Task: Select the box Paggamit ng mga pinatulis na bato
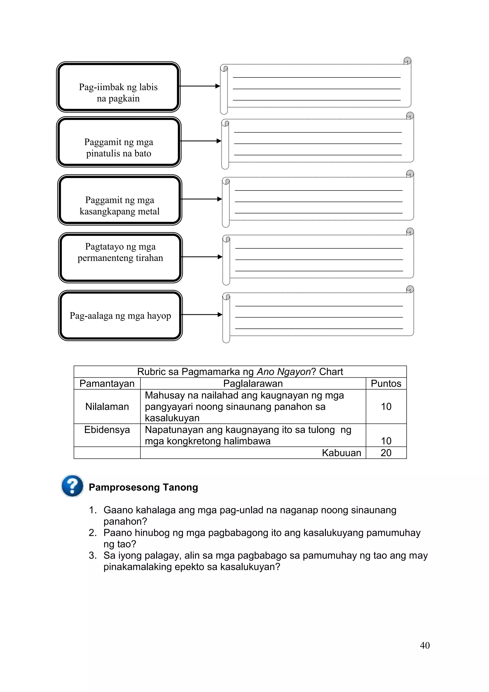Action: click(x=119, y=142)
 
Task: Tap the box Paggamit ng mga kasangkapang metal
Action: click(x=120, y=200)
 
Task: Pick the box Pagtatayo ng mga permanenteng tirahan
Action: click(x=120, y=258)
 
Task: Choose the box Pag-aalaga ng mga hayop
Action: click(x=120, y=316)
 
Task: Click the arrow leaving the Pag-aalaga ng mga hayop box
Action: click(x=202, y=315)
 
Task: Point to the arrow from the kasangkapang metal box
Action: click(x=201, y=199)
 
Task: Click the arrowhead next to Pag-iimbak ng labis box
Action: click(x=218, y=86)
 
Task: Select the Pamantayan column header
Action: click(x=107, y=383)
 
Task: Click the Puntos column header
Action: click(x=386, y=383)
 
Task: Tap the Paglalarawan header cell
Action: click(x=253, y=383)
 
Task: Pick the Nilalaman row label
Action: click(x=107, y=407)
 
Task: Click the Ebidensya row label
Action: click(x=107, y=430)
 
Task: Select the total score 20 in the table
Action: click(x=386, y=453)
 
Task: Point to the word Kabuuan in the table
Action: click(x=341, y=453)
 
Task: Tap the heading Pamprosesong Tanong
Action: click(x=143, y=487)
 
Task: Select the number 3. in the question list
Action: click(x=93, y=556)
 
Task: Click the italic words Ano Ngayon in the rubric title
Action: click(x=283, y=372)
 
